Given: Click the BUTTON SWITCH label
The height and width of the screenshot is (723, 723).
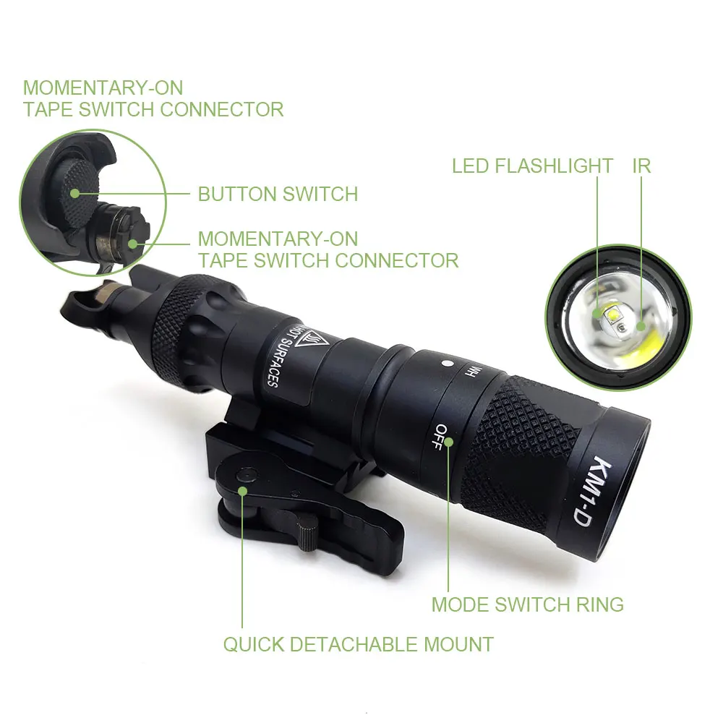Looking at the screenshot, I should (x=278, y=194).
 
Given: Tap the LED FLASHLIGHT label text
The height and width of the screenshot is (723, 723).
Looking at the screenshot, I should (x=532, y=166).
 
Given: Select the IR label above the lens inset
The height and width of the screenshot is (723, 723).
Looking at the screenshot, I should (x=641, y=166).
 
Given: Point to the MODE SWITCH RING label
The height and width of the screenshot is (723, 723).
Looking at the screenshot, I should (x=527, y=604).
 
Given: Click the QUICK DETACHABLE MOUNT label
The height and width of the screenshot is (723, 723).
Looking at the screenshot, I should (x=358, y=644).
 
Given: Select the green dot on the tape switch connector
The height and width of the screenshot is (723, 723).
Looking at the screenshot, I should (x=133, y=243).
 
